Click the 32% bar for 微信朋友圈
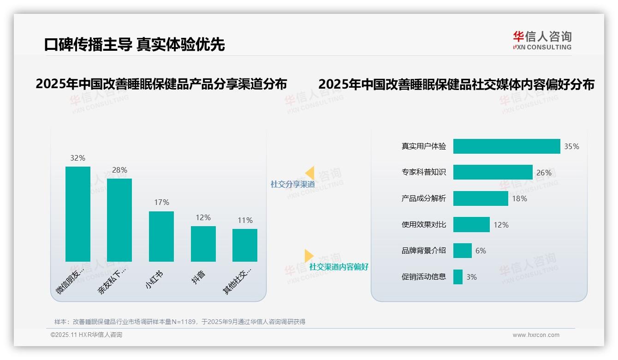[x=78, y=214]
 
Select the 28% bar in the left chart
[x=119, y=220]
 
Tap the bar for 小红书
[x=161, y=236]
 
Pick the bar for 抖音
[x=203, y=244]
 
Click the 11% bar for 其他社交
[x=245, y=245]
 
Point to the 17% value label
[x=161, y=202]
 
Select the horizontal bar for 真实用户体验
[x=506, y=146]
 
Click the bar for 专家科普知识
[x=493, y=172]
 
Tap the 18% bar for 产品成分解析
[x=481, y=198]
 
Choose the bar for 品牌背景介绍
[x=463, y=251]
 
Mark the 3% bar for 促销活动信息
[x=458, y=277]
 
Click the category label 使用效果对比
[x=424, y=225]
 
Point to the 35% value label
[x=571, y=146]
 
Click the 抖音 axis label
[x=199, y=277]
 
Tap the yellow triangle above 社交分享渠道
[x=310, y=173]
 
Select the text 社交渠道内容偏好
[x=339, y=267]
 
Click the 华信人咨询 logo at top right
[x=542, y=40]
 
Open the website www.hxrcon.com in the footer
[x=536, y=335]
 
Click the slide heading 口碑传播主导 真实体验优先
[x=134, y=44]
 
